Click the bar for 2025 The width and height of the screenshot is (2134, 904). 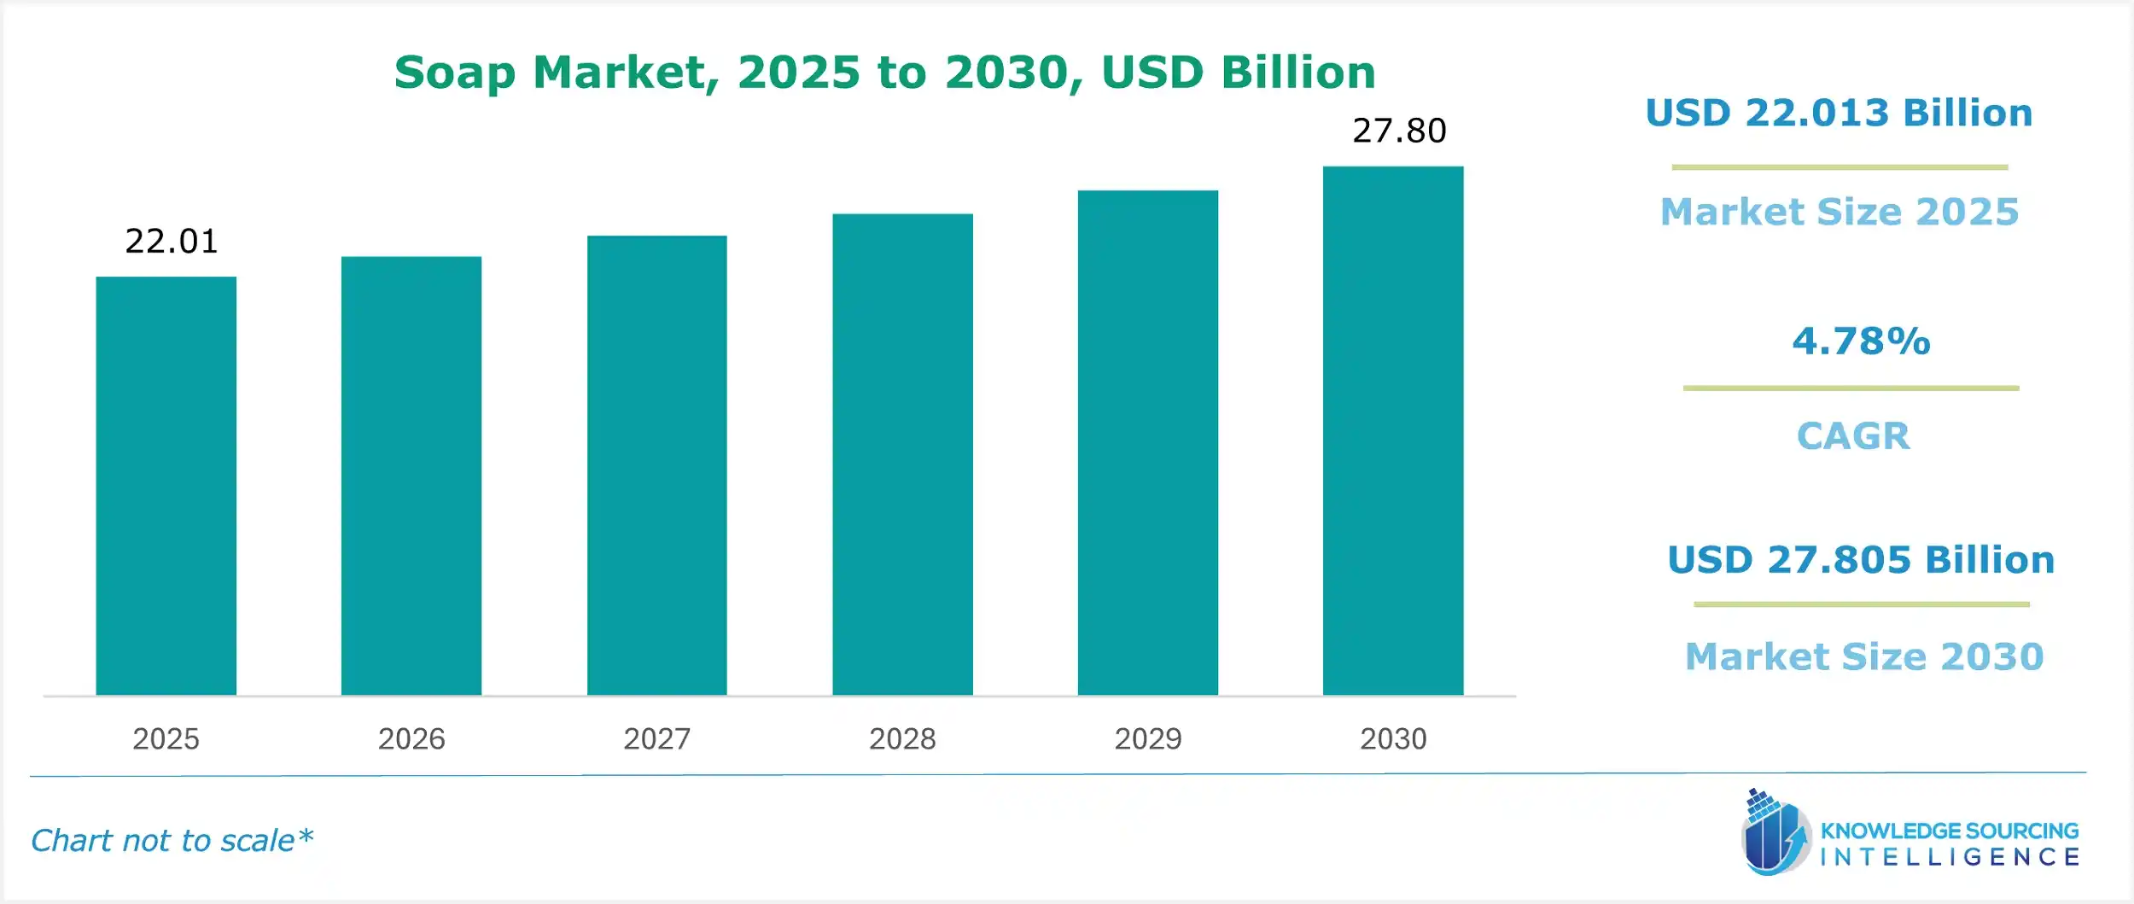coord(166,486)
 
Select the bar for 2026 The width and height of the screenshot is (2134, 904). coord(411,475)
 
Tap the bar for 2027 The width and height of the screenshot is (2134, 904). coord(657,465)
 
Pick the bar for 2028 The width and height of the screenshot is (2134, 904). coord(902,454)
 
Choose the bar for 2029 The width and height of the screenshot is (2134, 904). coord(1148,442)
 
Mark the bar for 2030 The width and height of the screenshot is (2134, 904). coord(1393,430)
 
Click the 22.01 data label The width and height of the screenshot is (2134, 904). coord(172,242)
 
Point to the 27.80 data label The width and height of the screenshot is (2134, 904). coord(1399,131)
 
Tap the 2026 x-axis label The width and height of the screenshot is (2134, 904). coord(411,738)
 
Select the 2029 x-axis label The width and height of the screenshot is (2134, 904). coord(1148,738)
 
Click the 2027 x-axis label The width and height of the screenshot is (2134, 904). coord(657,738)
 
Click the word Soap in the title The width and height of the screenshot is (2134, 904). coord(454,73)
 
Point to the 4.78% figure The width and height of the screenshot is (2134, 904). coord(1861,341)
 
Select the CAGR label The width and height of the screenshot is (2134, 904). coord(1853,436)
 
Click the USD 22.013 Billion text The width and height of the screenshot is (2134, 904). coord(1839,114)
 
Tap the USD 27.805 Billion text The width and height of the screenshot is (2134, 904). coord(1861,560)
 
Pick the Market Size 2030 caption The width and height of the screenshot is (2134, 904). coord(1864,656)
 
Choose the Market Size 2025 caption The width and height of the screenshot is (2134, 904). coord(1840,212)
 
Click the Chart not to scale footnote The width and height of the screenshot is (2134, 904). coord(172,841)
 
